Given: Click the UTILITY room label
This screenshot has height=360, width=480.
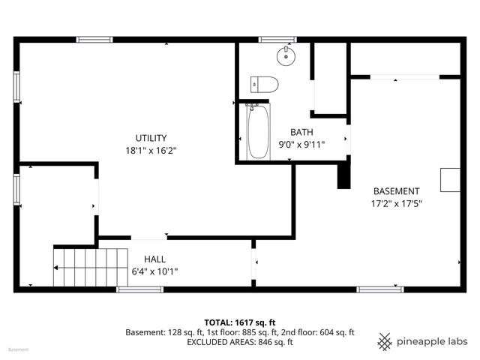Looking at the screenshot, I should tap(151, 137).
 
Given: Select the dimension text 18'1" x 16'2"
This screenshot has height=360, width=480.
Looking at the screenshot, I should tap(151, 150).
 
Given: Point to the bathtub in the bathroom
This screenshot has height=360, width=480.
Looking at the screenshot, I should tap(258, 133).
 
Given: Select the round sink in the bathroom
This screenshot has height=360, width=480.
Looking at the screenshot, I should tap(286, 55).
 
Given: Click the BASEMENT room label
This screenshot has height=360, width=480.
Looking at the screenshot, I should tap(396, 191).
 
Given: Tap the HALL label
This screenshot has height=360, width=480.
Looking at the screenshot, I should tap(154, 259).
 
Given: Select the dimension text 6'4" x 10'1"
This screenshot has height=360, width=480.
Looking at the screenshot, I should tap(154, 271).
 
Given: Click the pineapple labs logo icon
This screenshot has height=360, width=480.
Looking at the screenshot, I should tap(385, 341).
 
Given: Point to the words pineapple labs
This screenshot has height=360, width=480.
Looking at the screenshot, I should tap(433, 342).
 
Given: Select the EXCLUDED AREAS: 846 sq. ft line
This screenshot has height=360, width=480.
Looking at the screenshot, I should tap(240, 342).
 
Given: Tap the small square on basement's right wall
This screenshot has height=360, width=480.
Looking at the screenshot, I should tap(450, 181).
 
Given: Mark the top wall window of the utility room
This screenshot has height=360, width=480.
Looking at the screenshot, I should tap(94, 39).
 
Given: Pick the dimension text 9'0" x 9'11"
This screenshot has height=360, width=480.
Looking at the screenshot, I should tap(301, 145).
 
